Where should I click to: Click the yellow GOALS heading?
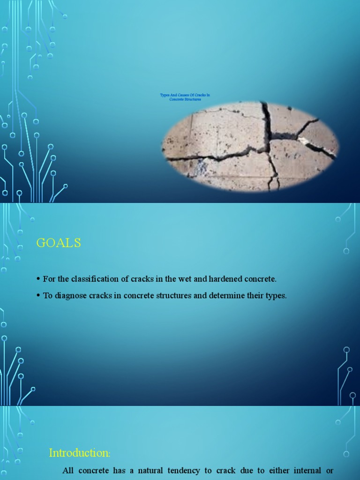coord(59,243)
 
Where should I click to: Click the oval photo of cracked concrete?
coord(250,146)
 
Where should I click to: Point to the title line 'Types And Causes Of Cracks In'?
coord(185,95)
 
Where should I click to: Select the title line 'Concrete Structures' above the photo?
coord(185,99)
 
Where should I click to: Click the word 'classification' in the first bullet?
coord(90,279)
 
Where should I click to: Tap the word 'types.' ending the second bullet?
coord(276,296)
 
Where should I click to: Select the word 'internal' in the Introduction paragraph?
coord(307,470)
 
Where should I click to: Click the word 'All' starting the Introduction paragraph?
coord(68,470)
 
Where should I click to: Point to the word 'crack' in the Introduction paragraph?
coord(226,470)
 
